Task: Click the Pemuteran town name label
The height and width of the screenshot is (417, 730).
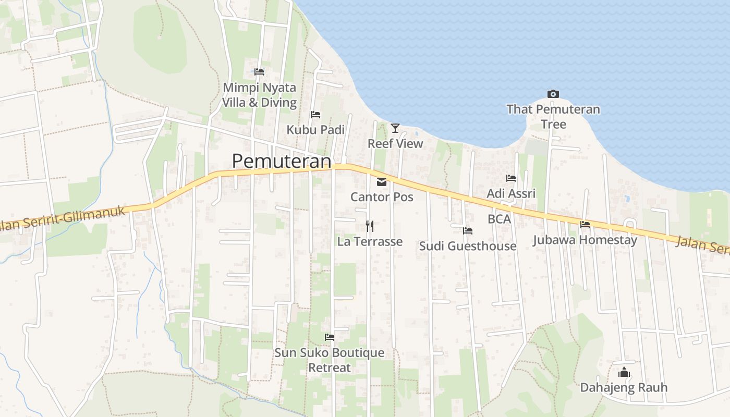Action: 282,161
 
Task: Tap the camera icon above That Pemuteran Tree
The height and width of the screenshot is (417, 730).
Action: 553,94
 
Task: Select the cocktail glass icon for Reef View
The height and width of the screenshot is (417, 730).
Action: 395,128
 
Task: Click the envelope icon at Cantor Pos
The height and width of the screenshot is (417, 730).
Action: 382,182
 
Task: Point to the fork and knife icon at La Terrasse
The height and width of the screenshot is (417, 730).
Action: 370,226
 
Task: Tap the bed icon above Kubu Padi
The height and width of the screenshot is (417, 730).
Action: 315,115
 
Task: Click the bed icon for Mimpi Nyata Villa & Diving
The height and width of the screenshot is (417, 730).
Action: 259,72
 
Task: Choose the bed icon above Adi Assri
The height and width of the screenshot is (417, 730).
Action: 511,178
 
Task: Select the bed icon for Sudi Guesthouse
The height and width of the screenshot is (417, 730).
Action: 468,230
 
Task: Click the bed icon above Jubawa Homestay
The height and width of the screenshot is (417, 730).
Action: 585,225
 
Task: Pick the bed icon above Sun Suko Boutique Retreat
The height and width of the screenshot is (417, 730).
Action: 330,337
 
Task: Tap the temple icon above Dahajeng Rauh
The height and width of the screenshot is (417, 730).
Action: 624,372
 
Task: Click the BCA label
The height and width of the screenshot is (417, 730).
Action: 499,219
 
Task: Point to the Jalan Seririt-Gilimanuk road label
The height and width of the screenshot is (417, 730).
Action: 63,218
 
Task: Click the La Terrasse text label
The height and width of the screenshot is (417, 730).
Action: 370,241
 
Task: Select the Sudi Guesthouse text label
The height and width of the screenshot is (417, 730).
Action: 468,246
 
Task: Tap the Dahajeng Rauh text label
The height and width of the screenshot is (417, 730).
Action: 624,388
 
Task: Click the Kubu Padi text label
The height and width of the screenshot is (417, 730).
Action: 315,130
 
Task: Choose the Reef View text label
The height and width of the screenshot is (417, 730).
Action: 395,143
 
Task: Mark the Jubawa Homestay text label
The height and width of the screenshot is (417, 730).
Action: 585,240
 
